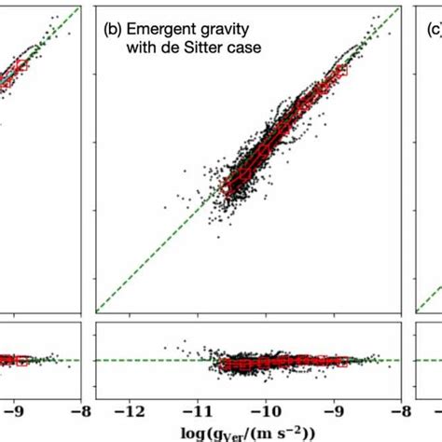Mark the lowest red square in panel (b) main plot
click(x=225, y=187)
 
